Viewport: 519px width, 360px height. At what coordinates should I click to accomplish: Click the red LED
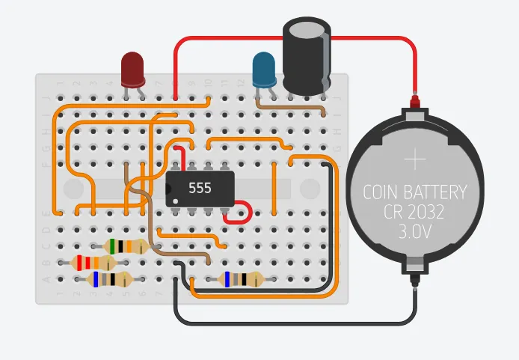(x=133, y=68)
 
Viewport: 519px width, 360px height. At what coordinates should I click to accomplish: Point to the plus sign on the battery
(x=414, y=159)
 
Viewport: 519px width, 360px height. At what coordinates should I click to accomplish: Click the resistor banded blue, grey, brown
(x=241, y=279)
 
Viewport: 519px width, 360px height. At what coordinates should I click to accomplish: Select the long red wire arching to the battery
(x=299, y=38)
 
